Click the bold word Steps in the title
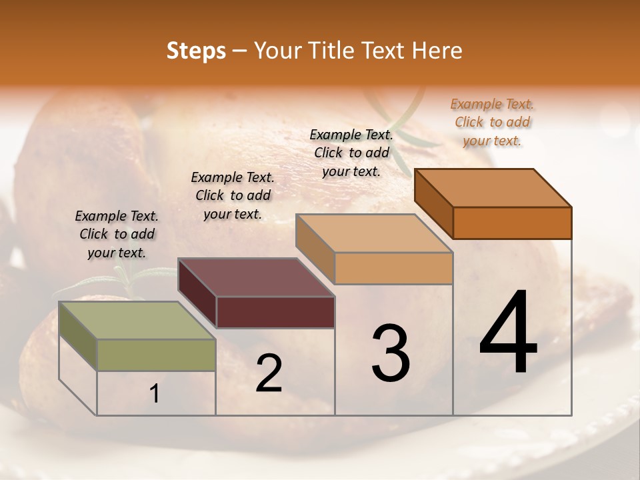pos(196,51)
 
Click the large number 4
pos(508,333)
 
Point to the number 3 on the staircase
pos(391,353)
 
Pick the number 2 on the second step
pos(269,374)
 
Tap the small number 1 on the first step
pos(155,394)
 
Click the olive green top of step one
pos(137,321)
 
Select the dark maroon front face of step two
pos(275,312)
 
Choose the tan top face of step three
pos(374,233)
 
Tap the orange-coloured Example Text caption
pos(492,122)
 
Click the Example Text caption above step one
pos(117,234)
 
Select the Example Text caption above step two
pos(233,195)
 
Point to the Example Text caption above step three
pos(351,153)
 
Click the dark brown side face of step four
pos(433,203)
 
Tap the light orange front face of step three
pos(393,269)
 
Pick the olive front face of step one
pos(156,355)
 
